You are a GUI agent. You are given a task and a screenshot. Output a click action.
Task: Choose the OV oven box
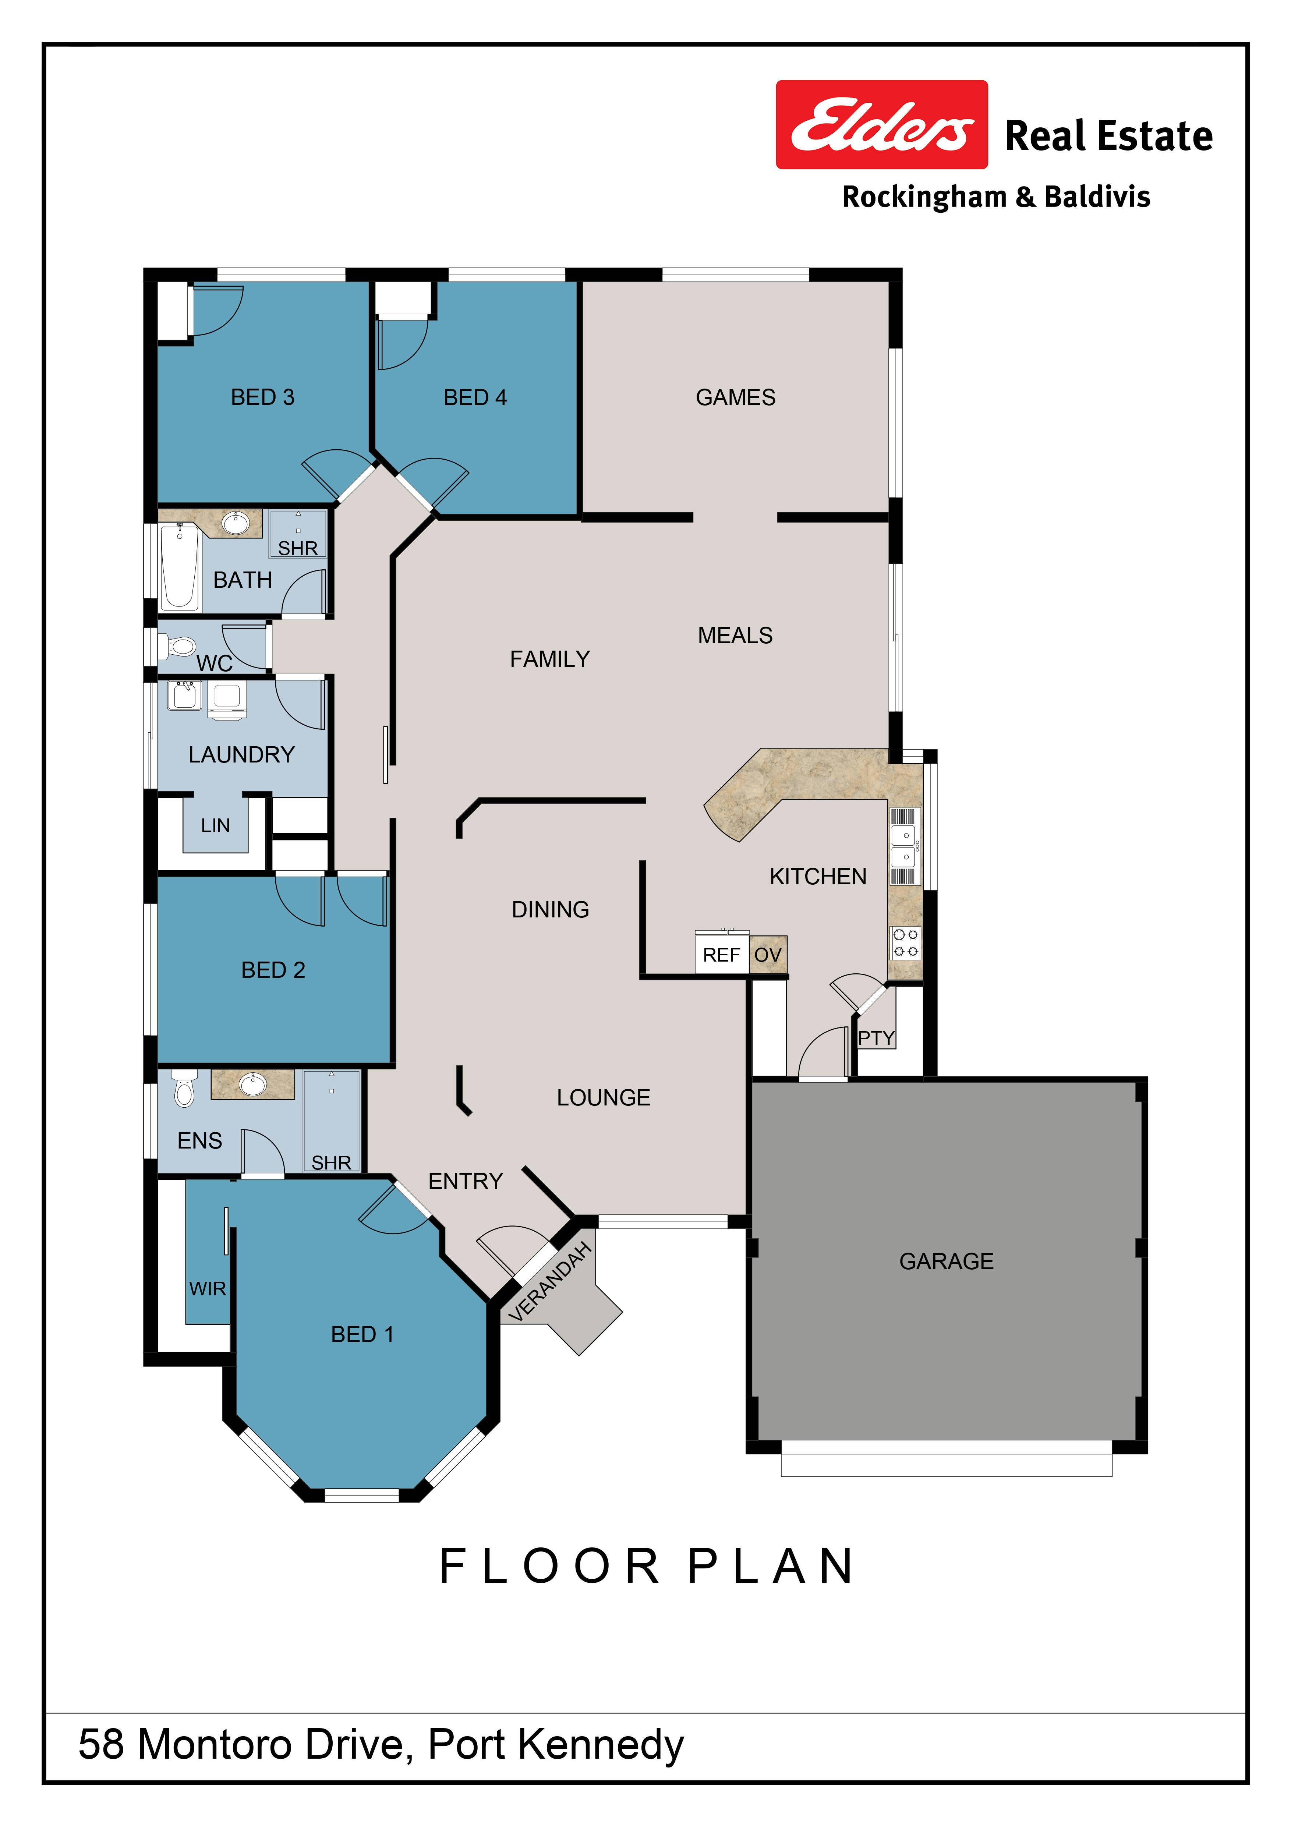click(x=768, y=954)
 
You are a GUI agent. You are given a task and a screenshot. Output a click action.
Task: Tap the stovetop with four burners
click(x=905, y=942)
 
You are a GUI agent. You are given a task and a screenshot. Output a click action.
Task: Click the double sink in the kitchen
click(x=905, y=846)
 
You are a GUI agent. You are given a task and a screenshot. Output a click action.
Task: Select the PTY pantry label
click(x=876, y=1038)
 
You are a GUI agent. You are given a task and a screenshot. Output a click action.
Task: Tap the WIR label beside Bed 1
click(x=208, y=1288)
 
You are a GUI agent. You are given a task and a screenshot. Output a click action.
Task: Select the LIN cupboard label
click(x=215, y=825)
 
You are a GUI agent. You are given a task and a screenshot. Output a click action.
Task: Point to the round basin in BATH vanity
click(x=236, y=523)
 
